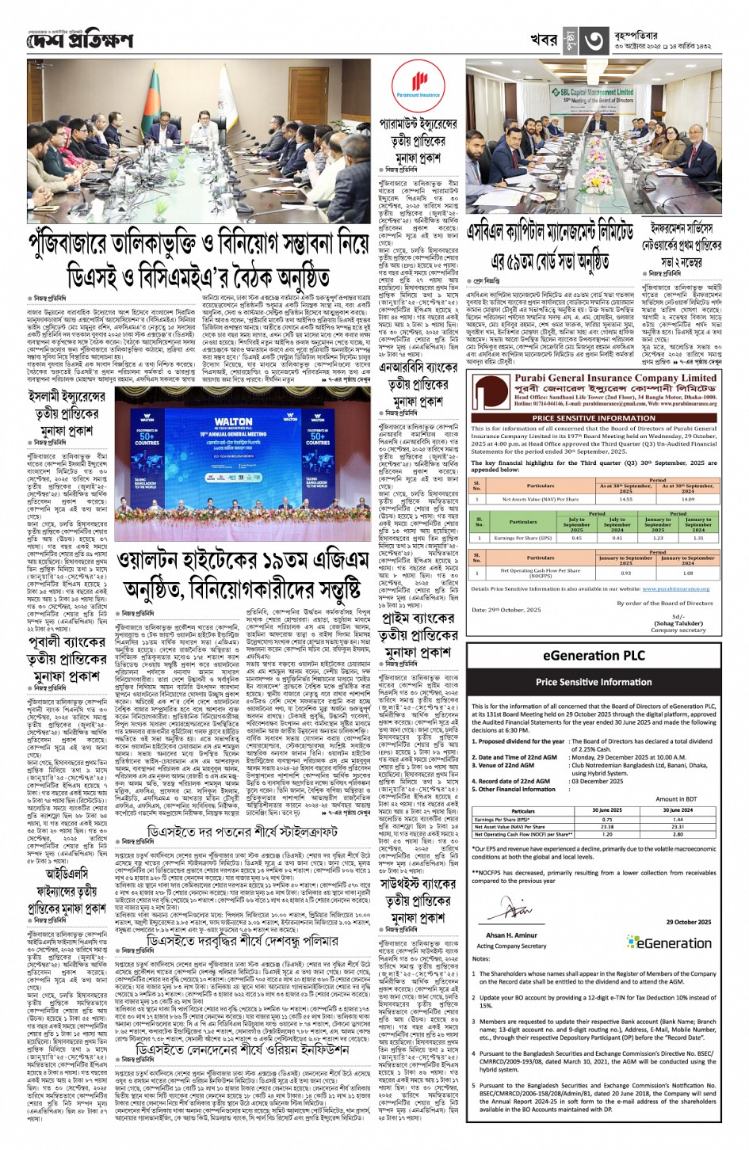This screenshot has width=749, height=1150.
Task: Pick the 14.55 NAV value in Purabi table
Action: point(626,500)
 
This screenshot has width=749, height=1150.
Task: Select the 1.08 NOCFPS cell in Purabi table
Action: point(687,573)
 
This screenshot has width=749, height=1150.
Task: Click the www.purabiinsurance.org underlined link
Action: point(675,588)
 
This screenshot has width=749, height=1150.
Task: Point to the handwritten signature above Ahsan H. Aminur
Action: point(497,911)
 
